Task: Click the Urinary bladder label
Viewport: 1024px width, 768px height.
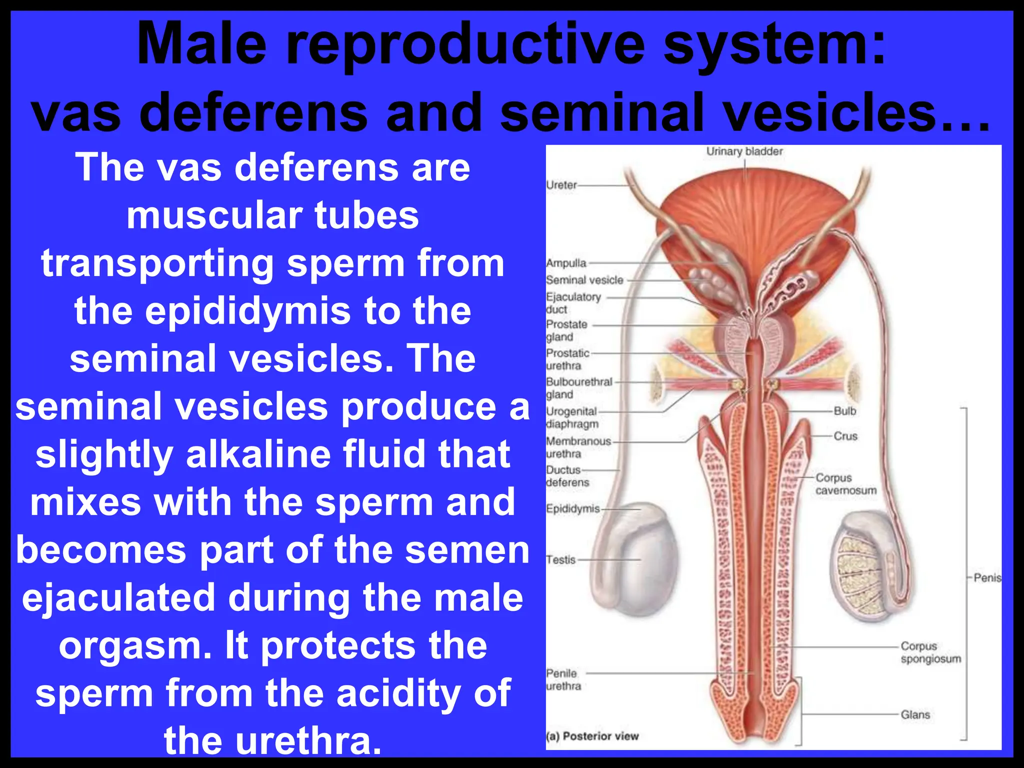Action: [x=744, y=151]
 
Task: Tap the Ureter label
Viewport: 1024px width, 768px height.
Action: [x=561, y=185]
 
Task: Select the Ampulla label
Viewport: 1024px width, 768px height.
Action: [x=566, y=263]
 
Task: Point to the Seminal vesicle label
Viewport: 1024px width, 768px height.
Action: [x=584, y=280]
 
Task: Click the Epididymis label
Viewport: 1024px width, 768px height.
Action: [x=572, y=509]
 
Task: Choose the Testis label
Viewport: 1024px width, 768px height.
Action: [x=561, y=560]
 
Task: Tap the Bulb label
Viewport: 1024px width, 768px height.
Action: [x=845, y=411]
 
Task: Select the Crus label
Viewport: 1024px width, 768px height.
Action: [x=845, y=436]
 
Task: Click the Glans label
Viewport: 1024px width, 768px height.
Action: [x=915, y=715]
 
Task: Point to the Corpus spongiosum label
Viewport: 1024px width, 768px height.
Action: [x=930, y=652]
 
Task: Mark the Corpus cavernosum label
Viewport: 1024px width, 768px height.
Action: [x=845, y=484]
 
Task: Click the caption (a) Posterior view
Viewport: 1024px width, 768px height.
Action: [x=592, y=736]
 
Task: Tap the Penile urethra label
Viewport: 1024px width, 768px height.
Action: [x=563, y=679]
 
